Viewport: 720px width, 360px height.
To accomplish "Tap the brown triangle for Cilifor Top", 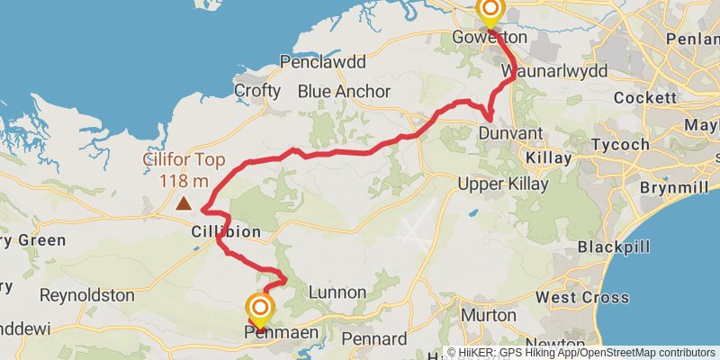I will (184, 203).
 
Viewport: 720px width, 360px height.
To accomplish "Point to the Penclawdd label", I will (323, 63).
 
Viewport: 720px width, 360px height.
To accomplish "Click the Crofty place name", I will (257, 91).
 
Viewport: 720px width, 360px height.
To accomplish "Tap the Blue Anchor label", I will (344, 91).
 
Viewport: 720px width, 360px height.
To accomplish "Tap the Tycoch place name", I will (621, 145).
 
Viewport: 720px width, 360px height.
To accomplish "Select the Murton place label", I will (489, 316).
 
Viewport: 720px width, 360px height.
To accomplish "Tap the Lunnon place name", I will (337, 292).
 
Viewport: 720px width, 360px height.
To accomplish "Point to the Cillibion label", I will (226, 232).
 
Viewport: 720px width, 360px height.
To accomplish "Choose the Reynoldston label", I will (86, 295).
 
